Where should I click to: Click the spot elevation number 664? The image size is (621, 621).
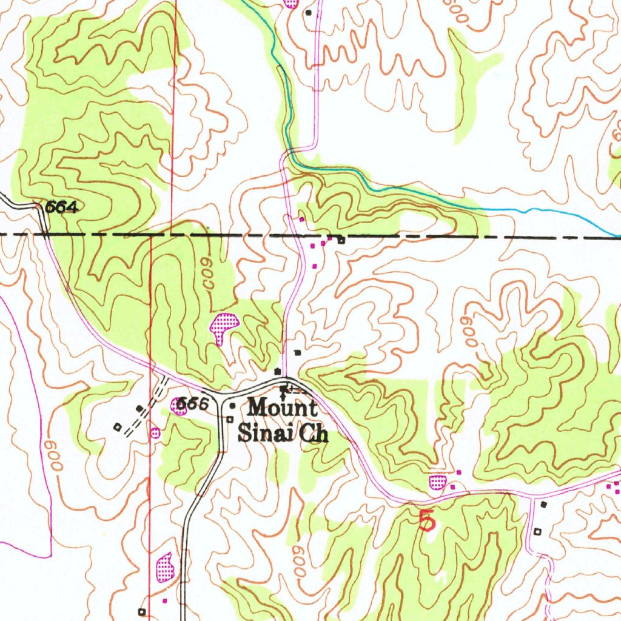[x=62, y=208]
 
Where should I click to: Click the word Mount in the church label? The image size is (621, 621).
[x=282, y=408]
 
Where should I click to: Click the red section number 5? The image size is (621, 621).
[x=427, y=520]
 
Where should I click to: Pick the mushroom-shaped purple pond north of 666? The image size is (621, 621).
[x=223, y=326]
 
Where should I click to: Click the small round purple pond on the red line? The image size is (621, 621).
[x=155, y=432]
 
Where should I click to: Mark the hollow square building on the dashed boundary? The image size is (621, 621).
[x=341, y=240]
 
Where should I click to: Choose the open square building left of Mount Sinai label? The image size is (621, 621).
[x=230, y=419]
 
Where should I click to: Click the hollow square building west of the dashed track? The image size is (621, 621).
[x=117, y=427]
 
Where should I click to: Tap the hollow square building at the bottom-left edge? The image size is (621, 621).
[x=142, y=611]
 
